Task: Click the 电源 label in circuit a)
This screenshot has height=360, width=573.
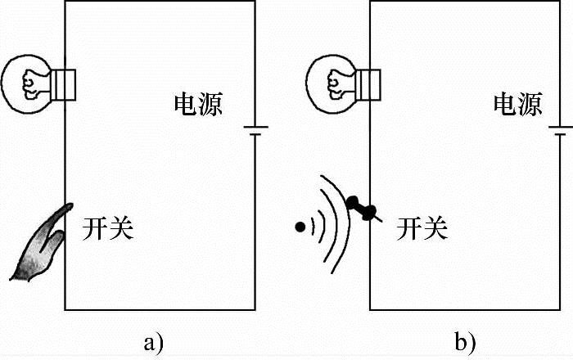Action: coord(198,105)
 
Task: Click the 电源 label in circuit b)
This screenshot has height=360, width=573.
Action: coord(517,105)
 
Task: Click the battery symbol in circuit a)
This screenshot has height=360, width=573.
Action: coord(255,131)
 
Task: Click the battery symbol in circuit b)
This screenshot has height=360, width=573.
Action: coord(561,131)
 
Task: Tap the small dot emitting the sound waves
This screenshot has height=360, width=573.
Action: coord(301,225)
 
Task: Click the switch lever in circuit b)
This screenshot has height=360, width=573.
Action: coord(361,209)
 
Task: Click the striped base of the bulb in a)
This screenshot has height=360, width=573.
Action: coord(65,83)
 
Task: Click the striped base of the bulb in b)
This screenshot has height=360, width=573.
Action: coord(370,83)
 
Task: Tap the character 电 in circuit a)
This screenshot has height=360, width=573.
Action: coord(186,105)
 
